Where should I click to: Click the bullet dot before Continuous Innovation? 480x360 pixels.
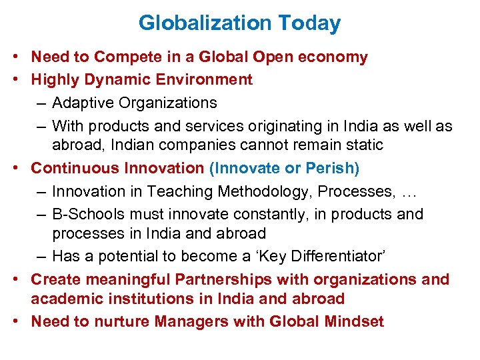21,169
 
